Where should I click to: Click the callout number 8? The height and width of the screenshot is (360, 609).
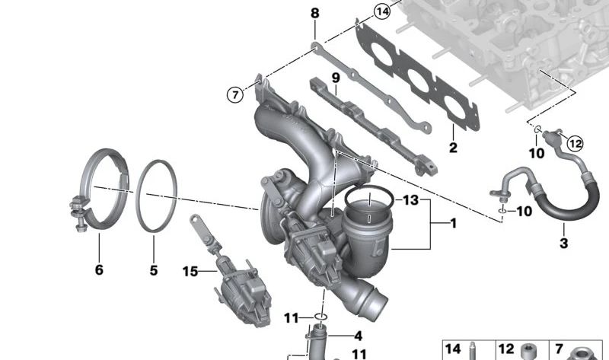[x=314, y=13]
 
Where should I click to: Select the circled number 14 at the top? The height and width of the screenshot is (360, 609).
[x=383, y=11]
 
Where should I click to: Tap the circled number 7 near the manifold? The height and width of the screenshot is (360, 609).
[x=235, y=94]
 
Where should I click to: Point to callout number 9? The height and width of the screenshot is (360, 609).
[x=336, y=78]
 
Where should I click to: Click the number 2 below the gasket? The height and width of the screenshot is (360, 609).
[x=453, y=148]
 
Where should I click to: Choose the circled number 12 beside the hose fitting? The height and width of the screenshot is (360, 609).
[x=576, y=144]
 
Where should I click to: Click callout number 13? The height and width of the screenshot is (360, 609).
[x=411, y=200]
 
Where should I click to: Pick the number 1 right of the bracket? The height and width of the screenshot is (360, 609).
[x=453, y=223]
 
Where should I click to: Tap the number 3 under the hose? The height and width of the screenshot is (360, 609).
[x=563, y=244]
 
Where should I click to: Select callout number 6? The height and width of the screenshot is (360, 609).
[x=99, y=269]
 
